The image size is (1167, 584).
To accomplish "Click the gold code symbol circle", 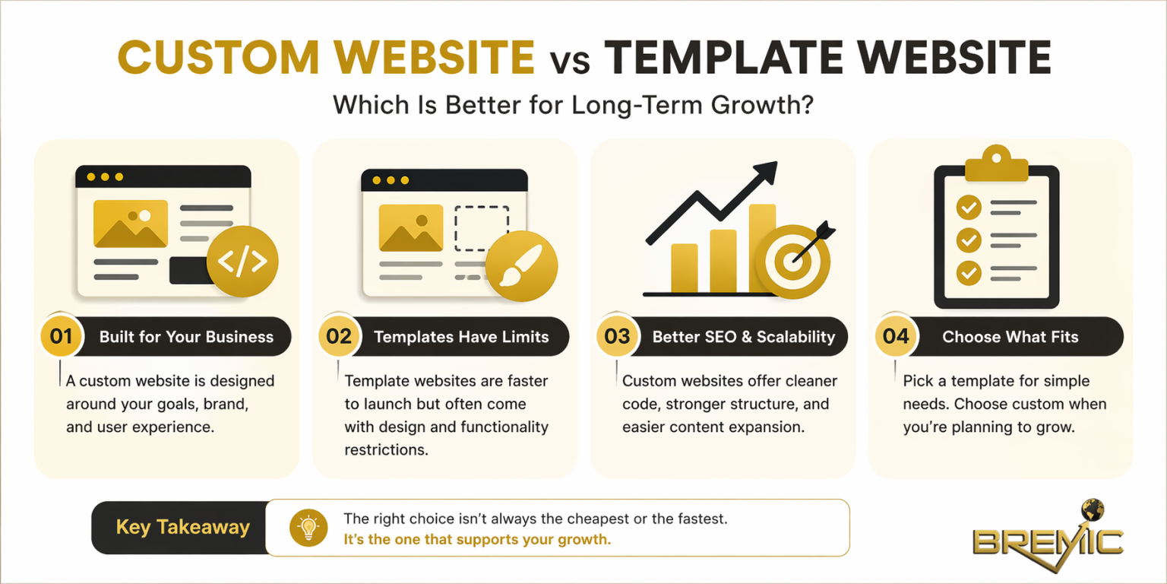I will [242, 261].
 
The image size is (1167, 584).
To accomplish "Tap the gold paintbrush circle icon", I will [521, 267].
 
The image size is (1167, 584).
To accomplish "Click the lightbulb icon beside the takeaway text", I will [308, 528].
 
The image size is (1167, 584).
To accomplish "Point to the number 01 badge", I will [61, 336].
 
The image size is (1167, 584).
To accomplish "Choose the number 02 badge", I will [339, 336].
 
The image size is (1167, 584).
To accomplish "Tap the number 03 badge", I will [618, 336].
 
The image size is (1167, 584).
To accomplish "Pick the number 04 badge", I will [896, 336].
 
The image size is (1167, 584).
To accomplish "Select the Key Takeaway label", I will [182, 528].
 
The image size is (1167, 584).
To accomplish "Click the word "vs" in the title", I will [570, 59].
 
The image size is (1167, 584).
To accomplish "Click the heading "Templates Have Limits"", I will [461, 337].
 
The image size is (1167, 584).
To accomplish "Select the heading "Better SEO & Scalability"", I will [743, 337].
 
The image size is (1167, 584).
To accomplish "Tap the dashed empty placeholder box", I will [481, 228].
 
